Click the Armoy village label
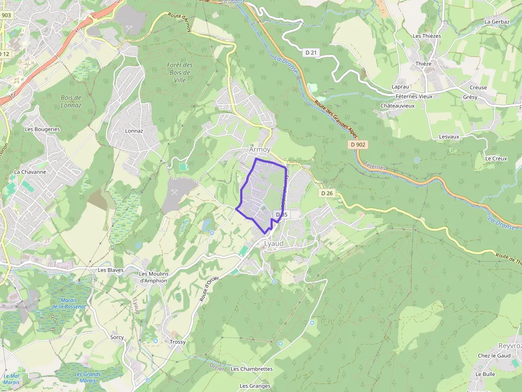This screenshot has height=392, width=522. pyautogui.click(x=260, y=150)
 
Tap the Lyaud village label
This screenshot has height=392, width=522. pyautogui.click(x=274, y=243)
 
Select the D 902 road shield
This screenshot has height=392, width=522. pyautogui.click(x=359, y=144)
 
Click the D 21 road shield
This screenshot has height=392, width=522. pyautogui.click(x=312, y=52)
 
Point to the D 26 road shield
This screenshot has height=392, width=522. pyautogui.click(x=327, y=193)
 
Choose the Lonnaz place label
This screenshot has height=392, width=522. pyautogui.click(x=134, y=130)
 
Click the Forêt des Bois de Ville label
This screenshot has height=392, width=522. pyautogui.click(x=180, y=72)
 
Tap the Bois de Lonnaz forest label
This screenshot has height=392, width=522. pyautogui.click(x=71, y=101)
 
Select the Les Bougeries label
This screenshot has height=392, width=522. pyautogui.click(x=42, y=129)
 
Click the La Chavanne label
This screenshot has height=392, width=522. pyautogui.click(x=30, y=172)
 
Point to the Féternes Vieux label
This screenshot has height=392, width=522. pyautogui.click(x=414, y=96)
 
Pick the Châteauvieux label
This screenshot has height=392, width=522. pyautogui.click(x=397, y=105)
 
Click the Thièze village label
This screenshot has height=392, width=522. pyautogui.click(x=423, y=63)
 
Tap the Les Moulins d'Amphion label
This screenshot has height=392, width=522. pyautogui.click(x=153, y=277)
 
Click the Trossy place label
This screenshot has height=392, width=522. pyautogui.click(x=177, y=342)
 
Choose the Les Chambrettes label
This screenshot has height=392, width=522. pyautogui.click(x=251, y=369)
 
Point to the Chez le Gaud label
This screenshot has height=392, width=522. pyautogui.click(x=494, y=356)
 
